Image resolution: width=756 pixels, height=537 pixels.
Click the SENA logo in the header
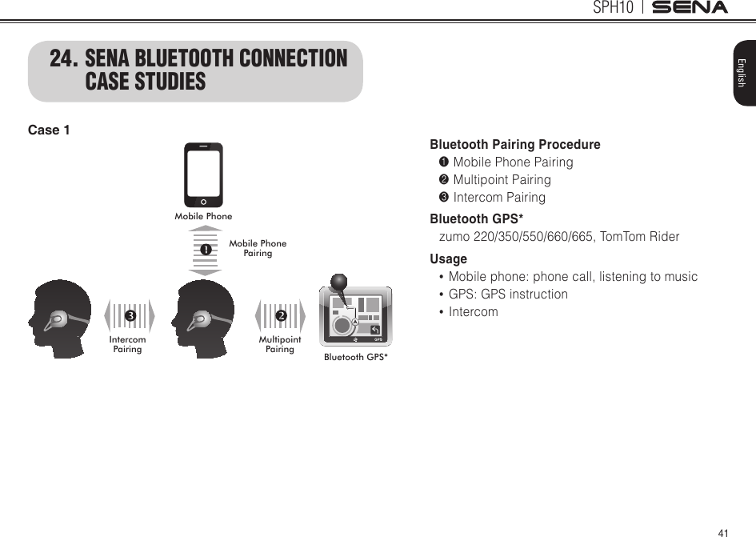690,8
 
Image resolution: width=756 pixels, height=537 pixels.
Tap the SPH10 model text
614,8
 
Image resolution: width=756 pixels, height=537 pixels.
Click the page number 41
724,532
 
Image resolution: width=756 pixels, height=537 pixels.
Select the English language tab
742,72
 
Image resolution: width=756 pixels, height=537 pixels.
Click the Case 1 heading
49,130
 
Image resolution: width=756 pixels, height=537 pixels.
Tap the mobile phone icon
203,175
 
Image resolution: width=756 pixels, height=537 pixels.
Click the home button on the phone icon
204,202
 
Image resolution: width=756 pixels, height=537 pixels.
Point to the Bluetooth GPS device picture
355,318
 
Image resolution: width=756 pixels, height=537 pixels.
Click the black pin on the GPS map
339,283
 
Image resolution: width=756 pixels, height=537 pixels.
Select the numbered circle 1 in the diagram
206,250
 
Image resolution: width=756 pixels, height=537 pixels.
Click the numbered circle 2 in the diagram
281,317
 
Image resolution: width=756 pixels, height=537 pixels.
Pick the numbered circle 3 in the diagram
128,317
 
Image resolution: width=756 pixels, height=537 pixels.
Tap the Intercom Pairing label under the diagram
128,344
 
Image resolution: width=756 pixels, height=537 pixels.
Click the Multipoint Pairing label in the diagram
280,344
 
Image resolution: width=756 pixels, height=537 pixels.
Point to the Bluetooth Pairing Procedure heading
515,145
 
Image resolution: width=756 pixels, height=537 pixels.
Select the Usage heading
448,259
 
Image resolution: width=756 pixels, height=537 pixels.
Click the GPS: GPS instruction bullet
508,295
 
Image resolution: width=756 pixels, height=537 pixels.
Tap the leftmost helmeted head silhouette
59,318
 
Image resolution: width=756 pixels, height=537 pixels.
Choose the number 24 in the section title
63,60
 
